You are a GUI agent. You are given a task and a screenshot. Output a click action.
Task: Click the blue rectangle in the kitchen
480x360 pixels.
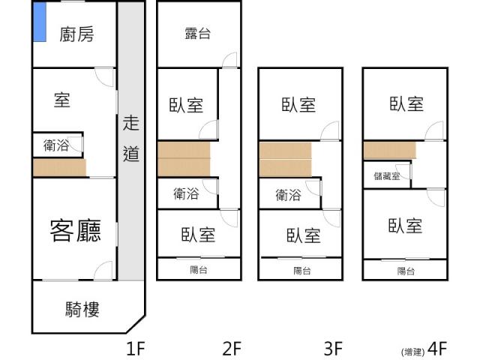[40, 22]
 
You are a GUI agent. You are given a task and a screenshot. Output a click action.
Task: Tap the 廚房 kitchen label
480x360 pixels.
[76, 34]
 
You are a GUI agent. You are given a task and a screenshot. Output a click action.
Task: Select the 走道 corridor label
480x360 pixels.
[131, 138]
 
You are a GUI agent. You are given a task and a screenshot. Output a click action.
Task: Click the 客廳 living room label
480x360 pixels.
[75, 230]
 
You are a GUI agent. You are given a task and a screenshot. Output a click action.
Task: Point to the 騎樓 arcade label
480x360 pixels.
[82, 309]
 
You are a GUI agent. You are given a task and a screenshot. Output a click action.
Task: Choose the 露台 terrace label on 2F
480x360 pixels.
[198, 33]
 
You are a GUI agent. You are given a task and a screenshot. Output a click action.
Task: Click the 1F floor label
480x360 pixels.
[135, 348]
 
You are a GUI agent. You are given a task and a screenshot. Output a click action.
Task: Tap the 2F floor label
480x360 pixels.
[232, 348]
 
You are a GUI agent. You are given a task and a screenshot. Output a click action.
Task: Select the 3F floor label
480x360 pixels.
[333, 348]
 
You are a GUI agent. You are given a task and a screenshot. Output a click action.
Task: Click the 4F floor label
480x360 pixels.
[437, 348]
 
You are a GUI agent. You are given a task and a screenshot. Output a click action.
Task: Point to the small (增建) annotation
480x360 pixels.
[412, 352]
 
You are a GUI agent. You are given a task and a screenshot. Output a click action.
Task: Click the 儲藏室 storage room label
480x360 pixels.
[387, 175]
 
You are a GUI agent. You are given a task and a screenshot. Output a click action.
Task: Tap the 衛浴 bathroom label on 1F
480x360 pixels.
[56, 145]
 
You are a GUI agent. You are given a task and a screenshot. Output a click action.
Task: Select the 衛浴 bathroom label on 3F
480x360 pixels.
[288, 195]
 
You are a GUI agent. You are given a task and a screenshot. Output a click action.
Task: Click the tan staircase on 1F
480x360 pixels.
[60, 167]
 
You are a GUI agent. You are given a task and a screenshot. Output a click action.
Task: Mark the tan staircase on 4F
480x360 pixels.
[390, 150]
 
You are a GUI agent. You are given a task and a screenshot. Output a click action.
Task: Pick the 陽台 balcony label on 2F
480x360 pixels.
[198, 269]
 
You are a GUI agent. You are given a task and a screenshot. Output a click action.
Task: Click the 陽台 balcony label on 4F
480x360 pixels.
[406, 271]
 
